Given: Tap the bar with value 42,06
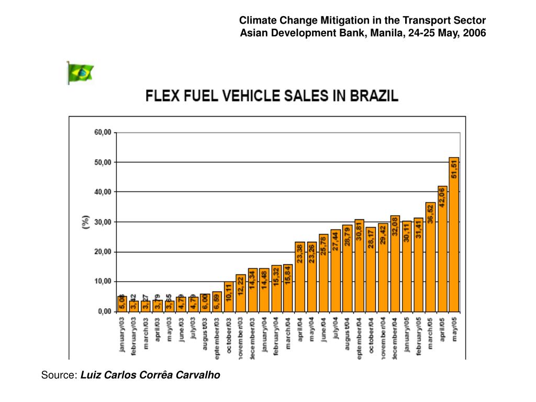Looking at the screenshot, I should point(442,248).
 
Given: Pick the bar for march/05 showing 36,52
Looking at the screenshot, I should point(430,256).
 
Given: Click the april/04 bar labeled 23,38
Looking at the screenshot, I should point(300,276).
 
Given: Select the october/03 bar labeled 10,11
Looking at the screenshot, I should point(229,296).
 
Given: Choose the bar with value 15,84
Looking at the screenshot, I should point(288,287).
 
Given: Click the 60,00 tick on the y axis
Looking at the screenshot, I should point(103,132).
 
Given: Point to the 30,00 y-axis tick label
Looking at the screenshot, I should point(103,222).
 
